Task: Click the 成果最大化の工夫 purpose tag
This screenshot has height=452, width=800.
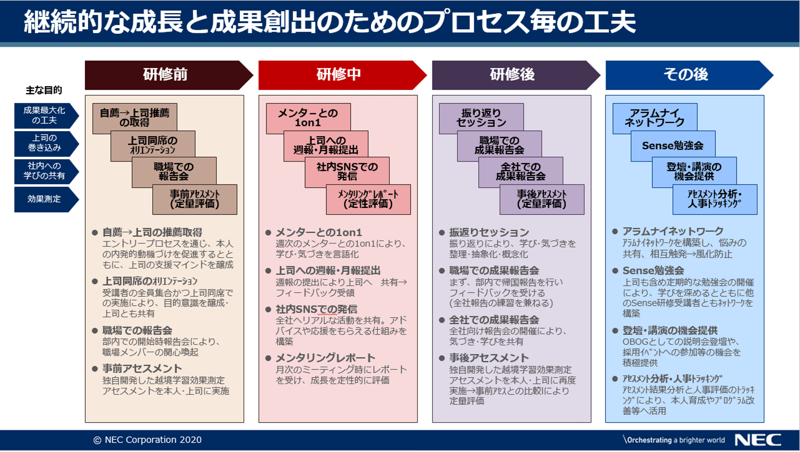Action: [46, 116]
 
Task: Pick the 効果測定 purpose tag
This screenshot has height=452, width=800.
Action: [46, 199]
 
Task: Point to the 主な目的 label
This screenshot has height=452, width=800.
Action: [44, 90]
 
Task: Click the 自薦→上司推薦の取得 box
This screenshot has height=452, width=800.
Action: [135, 118]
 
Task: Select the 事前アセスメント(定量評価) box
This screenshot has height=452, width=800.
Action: [195, 199]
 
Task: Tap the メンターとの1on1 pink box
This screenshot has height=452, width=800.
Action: [308, 118]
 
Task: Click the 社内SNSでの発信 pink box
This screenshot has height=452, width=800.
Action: [347, 172]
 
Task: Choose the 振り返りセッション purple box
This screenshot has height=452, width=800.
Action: [481, 118]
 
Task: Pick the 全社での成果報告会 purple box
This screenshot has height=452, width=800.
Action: [521, 172]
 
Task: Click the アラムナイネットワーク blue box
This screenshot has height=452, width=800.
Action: [655, 118]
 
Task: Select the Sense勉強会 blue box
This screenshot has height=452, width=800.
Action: [673, 145]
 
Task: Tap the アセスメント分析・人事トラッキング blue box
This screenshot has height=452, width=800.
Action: [715, 199]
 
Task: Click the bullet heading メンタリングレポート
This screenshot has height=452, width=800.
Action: [325, 358]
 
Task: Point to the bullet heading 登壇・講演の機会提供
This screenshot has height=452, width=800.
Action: [670, 331]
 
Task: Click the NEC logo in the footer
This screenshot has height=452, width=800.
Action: [758, 440]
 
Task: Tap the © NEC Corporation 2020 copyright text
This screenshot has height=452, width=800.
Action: [147, 440]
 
